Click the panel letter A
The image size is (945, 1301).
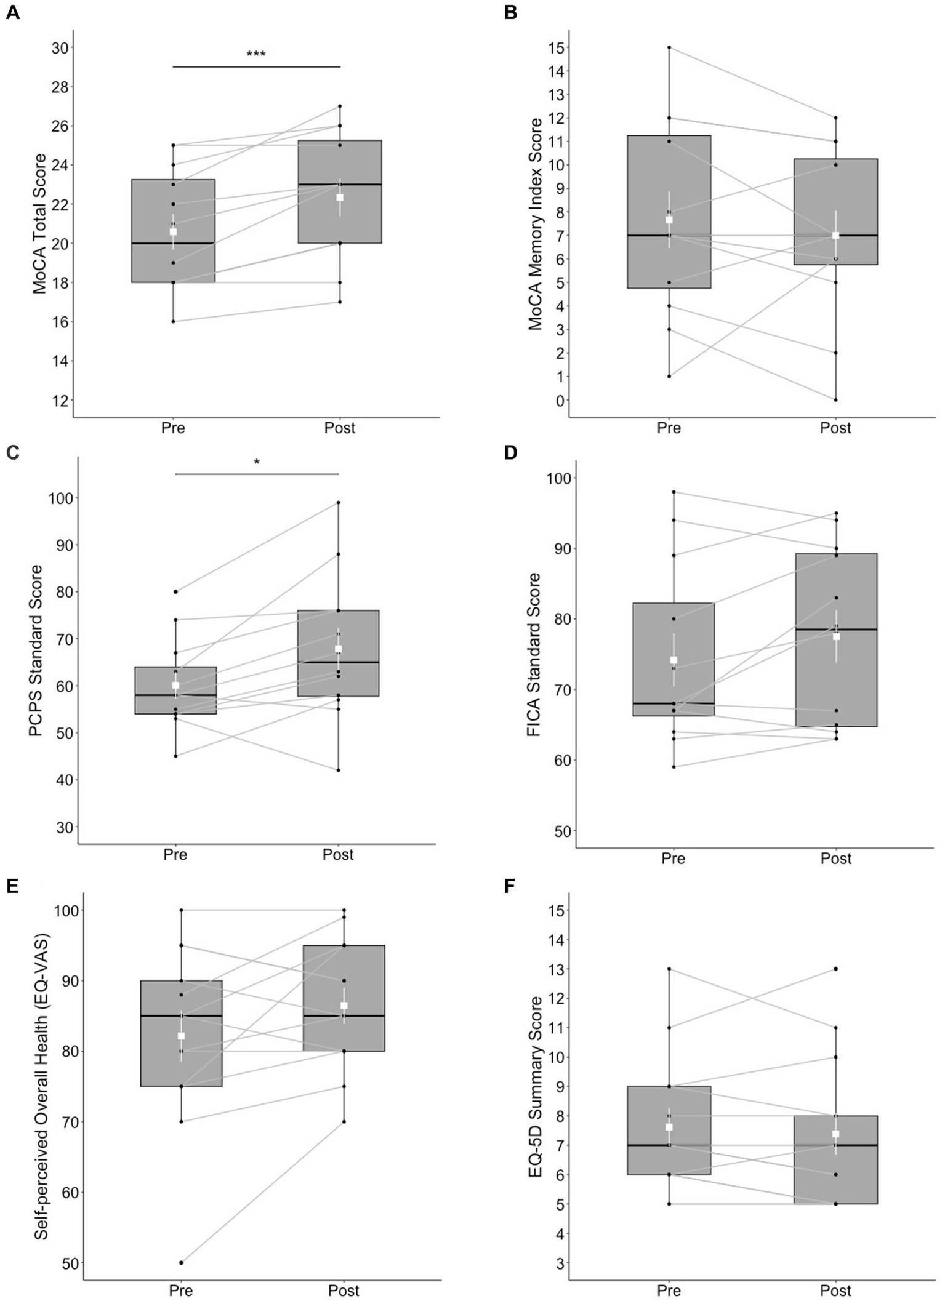13,12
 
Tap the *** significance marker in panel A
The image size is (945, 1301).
256,54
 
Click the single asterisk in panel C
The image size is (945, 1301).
257,462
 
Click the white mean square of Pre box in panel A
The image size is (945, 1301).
174,231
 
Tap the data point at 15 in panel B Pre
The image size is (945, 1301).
669,47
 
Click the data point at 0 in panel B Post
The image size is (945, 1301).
835,400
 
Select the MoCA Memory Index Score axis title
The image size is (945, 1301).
535,225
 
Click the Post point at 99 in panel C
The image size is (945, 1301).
338,503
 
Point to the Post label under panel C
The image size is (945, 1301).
338,855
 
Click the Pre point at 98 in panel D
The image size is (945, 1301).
674,492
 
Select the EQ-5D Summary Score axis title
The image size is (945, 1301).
536,1087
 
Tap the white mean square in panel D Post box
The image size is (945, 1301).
836,636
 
